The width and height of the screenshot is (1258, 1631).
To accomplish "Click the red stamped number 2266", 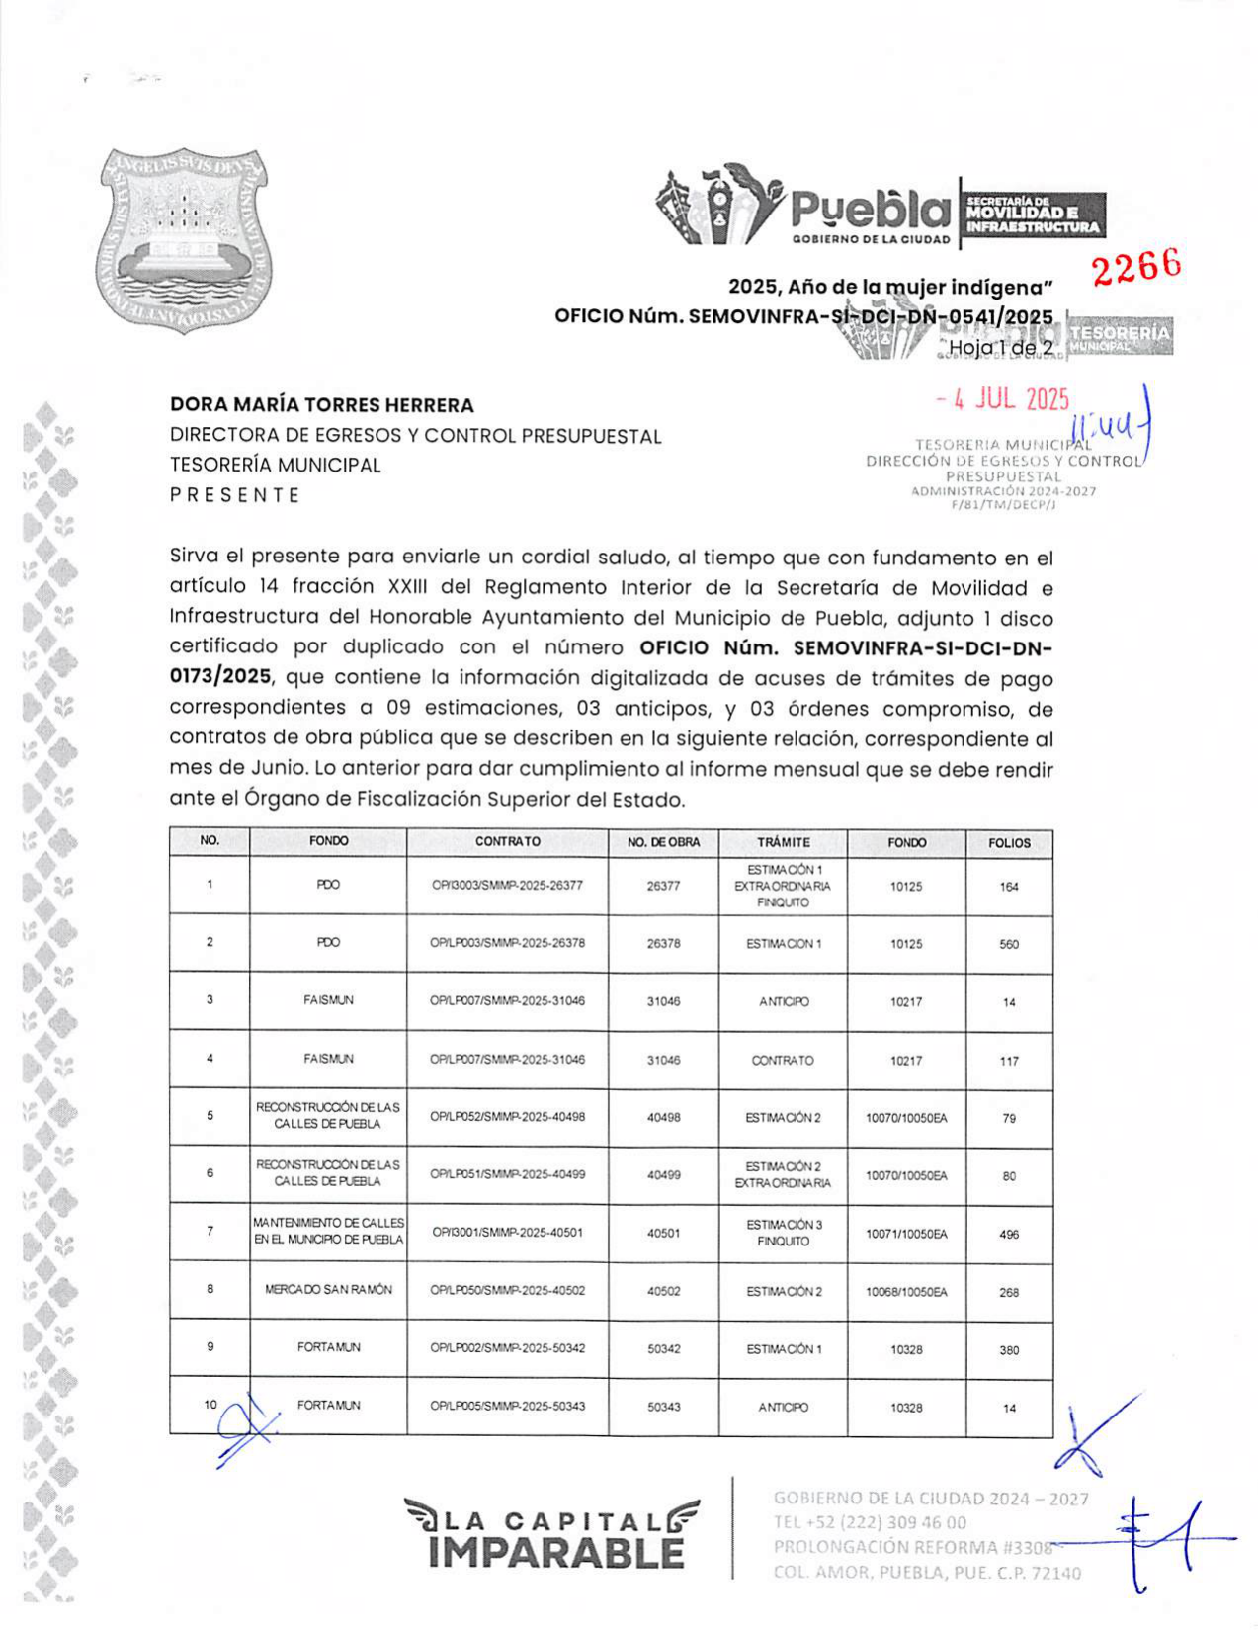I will point(1136,266).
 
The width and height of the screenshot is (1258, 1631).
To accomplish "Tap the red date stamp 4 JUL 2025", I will point(1003,399).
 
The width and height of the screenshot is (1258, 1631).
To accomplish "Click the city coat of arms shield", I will point(186,240).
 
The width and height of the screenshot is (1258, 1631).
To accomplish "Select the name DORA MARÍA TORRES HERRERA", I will point(322,405).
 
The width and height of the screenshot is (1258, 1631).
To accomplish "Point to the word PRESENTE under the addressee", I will point(235,495).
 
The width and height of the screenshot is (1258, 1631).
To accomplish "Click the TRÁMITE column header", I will point(783,843).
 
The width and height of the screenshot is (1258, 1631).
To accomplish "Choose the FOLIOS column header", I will point(1009,843).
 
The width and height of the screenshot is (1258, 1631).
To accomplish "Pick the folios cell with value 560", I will point(1009,944).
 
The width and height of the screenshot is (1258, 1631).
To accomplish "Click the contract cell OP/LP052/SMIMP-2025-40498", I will point(507,1117).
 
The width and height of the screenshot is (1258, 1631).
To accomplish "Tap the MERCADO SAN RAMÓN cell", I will point(328,1290).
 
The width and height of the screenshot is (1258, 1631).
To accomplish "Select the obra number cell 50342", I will point(663,1349).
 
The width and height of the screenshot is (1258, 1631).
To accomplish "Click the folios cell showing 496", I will point(1009,1235).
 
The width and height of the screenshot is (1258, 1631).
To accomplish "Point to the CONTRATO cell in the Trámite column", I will point(783,1061).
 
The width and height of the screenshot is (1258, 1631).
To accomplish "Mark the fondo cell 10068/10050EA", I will point(906,1292).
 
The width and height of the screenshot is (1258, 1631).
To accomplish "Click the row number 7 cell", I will point(210,1232).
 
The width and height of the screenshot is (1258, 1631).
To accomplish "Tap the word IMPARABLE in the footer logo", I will point(556,1553).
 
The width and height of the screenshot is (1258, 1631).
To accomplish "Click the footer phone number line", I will point(870,1522).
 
